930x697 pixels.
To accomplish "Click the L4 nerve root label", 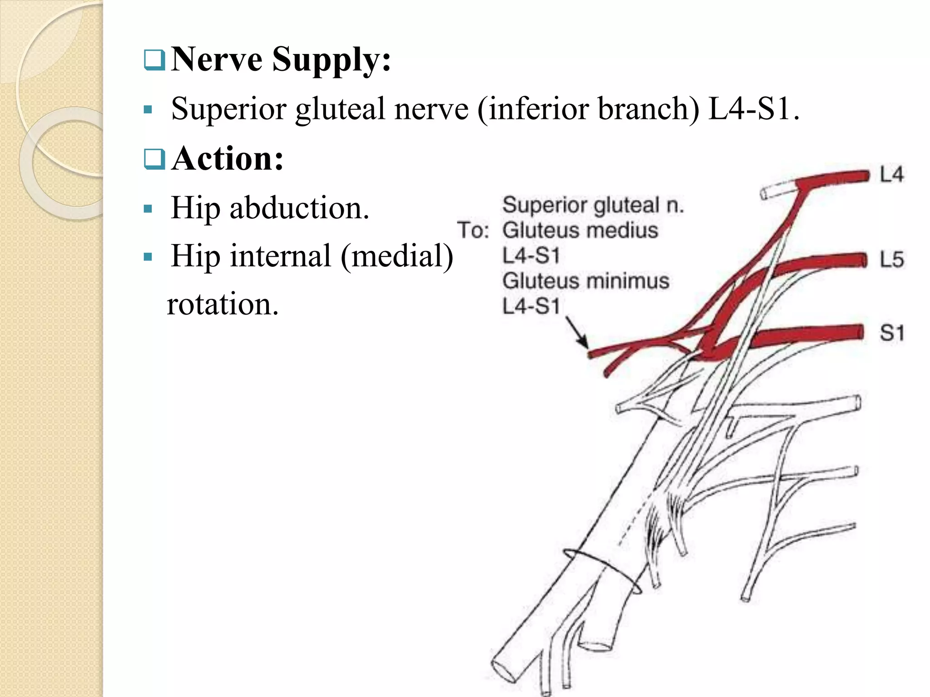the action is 891,175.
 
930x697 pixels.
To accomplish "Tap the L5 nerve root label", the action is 891,260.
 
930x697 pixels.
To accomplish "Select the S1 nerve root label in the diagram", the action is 892,333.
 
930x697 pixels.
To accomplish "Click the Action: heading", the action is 228,159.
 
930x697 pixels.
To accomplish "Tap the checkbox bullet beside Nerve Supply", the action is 154,60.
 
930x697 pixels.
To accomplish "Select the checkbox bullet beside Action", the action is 154,159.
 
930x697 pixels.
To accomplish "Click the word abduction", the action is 299,208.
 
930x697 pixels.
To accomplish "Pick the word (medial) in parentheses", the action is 397,257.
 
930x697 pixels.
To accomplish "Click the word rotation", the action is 223,304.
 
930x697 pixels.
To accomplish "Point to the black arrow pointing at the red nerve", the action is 577,333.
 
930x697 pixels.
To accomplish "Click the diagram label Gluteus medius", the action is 580,230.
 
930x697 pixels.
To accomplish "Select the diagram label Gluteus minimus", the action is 586,281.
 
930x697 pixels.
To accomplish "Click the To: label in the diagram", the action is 473,230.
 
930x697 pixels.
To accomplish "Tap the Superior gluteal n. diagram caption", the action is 593,205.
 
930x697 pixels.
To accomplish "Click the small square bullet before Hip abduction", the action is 148,209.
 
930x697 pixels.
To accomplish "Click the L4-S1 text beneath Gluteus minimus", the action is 531,306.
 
